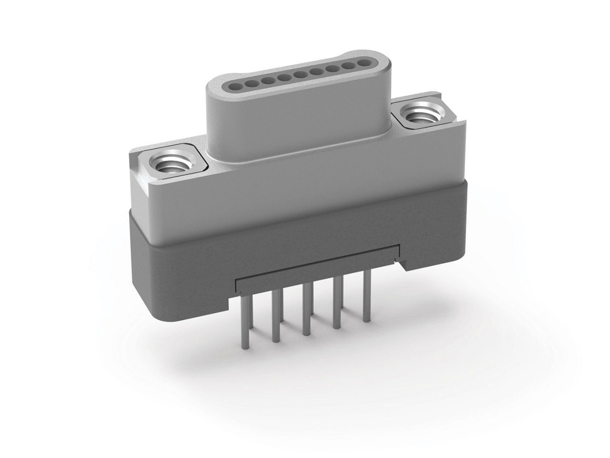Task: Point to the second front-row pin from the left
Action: pos(275,317)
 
